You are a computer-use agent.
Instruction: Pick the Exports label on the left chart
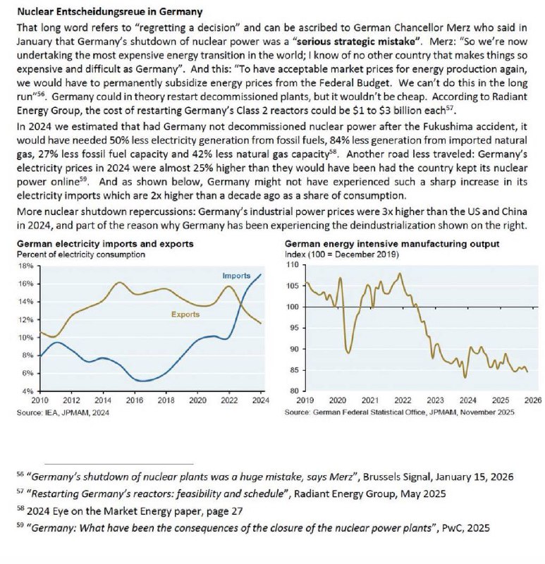[x=185, y=314]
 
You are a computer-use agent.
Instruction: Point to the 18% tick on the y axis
[x=24, y=266]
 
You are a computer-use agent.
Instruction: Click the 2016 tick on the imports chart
[x=133, y=400]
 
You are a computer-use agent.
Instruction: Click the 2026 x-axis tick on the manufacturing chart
[x=532, y=400]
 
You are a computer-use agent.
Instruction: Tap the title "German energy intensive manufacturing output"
[x=391, y=244]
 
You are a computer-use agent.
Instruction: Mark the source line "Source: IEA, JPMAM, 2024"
[x=61, y=411]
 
